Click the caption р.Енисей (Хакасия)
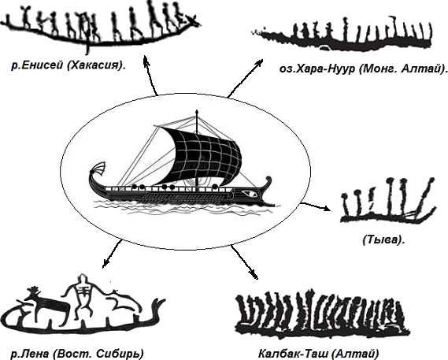point(68,66)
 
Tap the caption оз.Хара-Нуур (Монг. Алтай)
point(363,69)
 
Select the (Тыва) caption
point(383,239)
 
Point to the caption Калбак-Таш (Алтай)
point(319,354)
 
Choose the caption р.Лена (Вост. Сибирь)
point(77,354)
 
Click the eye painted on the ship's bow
point(250,194)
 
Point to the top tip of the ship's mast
point(197,109)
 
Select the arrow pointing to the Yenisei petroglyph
point(150,75)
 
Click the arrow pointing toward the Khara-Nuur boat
point(245,78)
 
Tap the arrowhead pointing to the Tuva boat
point(327,209)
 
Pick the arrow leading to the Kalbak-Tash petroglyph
point(244,262)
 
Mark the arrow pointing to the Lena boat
point(112,254)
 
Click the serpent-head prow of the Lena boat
point(158,305)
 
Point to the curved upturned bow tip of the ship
point(268,180)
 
